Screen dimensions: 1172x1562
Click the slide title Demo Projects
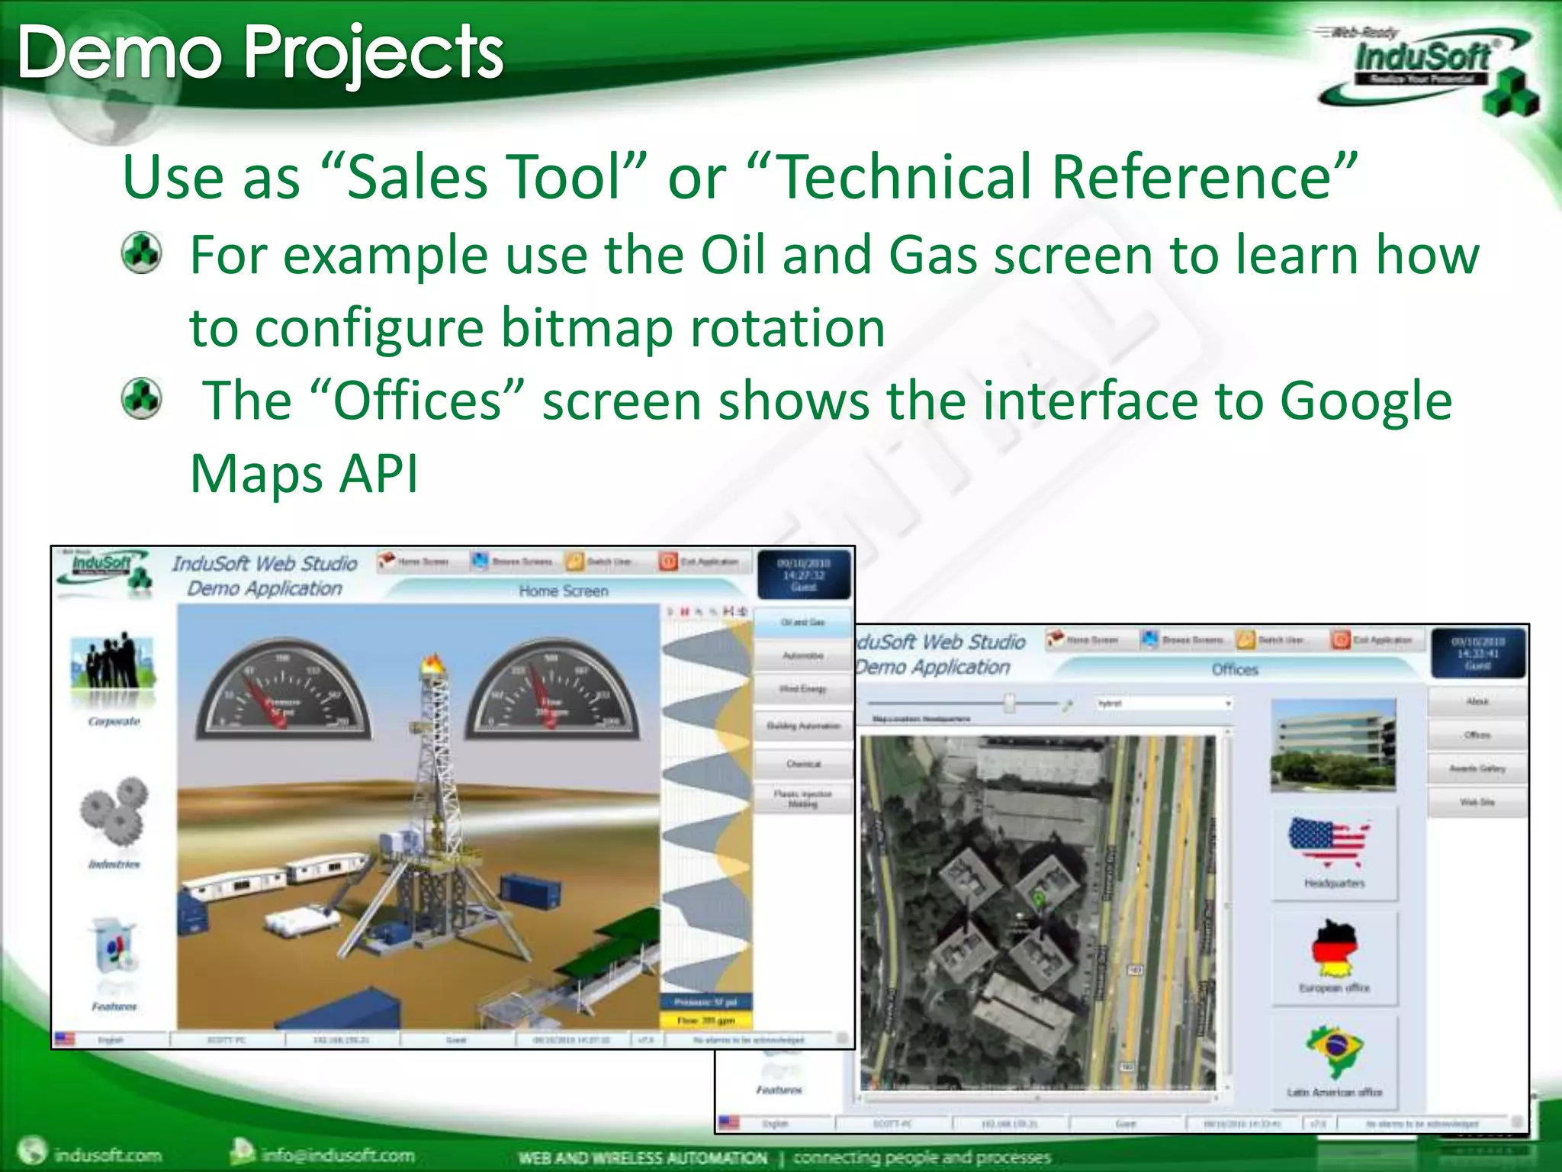[260, 53]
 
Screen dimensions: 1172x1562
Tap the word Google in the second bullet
[1365, 401]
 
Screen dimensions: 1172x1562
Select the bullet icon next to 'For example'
[142, 253]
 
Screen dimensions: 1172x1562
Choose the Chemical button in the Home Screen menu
[802, 764]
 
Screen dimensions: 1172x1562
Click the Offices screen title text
[1234, 670]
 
